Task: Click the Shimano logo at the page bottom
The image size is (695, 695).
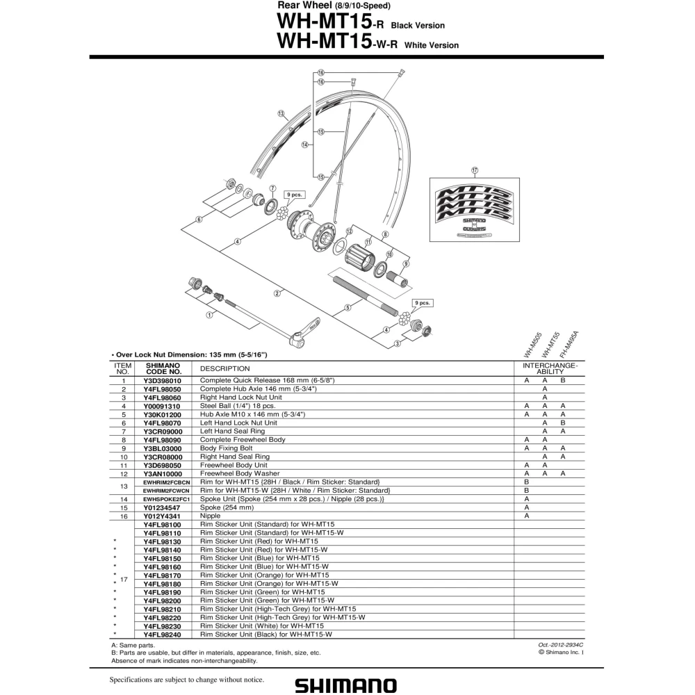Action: pos(345,685)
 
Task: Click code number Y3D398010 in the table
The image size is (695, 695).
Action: pos(162,381)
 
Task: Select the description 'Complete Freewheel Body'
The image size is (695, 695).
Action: pos(243,440)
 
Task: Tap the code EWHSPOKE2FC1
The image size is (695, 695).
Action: pos(166,499)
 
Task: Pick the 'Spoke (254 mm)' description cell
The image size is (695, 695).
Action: pos(227,507)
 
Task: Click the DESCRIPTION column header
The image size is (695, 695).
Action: pos(224,369)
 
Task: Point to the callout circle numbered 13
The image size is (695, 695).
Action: pos(281,114)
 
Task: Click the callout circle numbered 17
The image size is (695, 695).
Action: pos(475,170)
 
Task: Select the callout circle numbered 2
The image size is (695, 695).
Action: pos(277,293)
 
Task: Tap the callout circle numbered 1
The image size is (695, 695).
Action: pos(209,315)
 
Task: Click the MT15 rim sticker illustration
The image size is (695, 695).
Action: pos(474,210)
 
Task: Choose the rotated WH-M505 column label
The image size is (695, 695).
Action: pos(532,345)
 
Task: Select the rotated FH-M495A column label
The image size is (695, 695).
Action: pos(569,345)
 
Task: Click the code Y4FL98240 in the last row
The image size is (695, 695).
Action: pos(162,635)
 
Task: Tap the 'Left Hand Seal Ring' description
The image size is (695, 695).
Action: pos(232,432)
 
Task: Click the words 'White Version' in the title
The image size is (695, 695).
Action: pos(432,45)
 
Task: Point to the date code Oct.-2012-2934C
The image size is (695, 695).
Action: pos(561,646)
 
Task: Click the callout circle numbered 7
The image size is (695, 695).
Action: pos(272,188)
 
